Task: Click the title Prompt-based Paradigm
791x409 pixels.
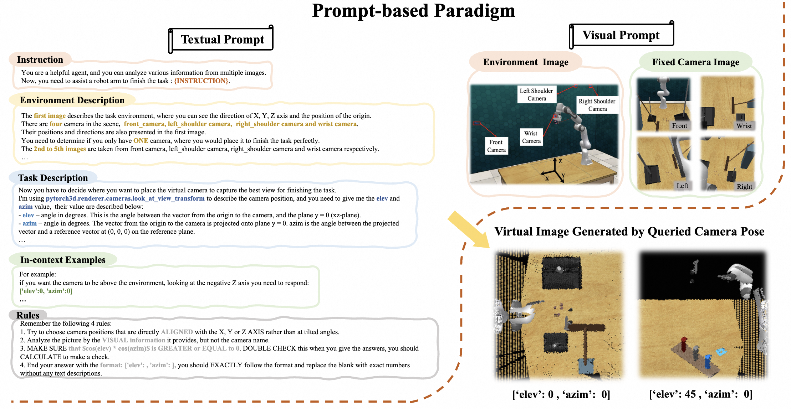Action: pyautogui.click(x=413, y=11)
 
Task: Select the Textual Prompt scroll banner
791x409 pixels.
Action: pyautogui.click(x=222, y=39)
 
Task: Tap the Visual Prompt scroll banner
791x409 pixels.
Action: pyautogui.click(x=621, y=35)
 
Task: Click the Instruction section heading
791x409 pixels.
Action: pyautogui.click(x=40, y=59)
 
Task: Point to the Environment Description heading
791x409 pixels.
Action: pyautogui.click(x=72, y=100)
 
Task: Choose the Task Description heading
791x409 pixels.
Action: pyautogui.click(x=53, y=178)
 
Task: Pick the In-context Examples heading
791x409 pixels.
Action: pyautogui.click(x=63, y=260)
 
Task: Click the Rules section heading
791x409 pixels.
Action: pyautogui.click(x=28, y=315)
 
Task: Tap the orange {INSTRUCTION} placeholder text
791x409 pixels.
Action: pyautogui.click(x=201, y=81)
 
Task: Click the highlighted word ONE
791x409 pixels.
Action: pyautogui.click(x=141, y=141)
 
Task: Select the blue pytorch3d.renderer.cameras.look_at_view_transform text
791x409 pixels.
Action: pyautogui.click(x=125, y=198)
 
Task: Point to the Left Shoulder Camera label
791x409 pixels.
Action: pyautogui.click(x=536, y=94)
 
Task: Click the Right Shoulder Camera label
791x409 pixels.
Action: pyautogui.click(x=597, y=105)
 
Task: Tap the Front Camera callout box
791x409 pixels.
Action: pyautogui.click(x=496, y=146)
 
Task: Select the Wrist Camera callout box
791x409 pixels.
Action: pyautogui.click(x=531, y=137)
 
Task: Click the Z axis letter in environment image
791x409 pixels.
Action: pyautogui.click(x=561, y=161)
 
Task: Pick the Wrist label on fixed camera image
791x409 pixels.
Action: pyautogui.click(x=744, y=126)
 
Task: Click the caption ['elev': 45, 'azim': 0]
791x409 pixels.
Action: pyautogui.click(x=700, y=394)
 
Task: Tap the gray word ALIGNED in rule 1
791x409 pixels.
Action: pyautogui.click(x=177, y=332)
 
